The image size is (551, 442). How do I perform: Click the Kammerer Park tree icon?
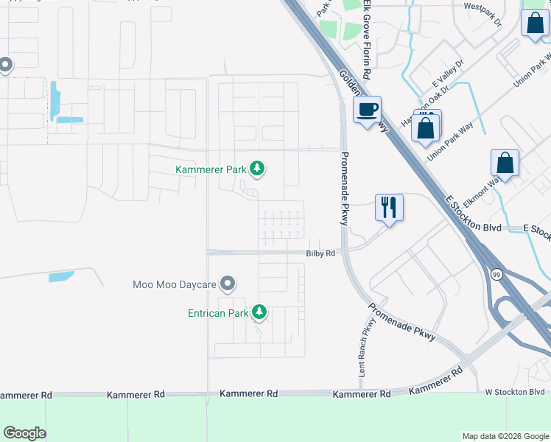257,169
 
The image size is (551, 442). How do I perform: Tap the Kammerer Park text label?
211,169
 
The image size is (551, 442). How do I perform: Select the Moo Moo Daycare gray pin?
228,284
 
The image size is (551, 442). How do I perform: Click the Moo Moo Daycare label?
175,284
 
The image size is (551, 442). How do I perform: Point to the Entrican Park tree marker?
259,313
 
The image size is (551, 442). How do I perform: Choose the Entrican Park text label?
217,313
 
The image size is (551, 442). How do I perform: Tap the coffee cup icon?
367,110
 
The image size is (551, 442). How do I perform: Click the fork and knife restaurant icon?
389,206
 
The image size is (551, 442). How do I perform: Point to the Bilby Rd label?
320,253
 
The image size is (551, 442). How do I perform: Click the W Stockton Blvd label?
514,392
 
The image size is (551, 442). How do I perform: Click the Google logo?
24,433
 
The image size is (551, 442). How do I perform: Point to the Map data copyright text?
506,436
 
